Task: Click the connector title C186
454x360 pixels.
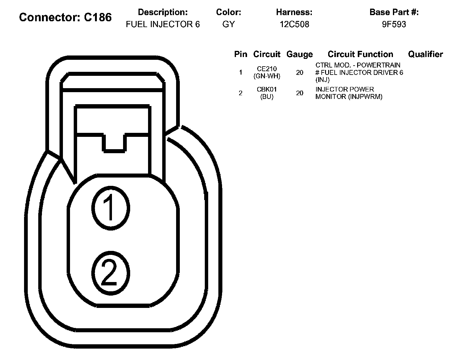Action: (65, 17)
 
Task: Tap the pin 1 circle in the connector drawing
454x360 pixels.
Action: (110, 207)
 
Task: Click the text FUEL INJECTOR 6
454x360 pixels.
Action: (163, 24)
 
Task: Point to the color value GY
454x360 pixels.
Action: (229, 24)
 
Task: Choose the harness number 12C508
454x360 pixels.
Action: (294, 24)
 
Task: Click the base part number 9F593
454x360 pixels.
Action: (394, 24)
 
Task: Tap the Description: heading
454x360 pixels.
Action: (163, 12)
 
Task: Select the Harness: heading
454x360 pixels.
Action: (294, 12)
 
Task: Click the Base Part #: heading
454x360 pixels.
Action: (394, 12)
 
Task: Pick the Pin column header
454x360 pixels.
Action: (241, 54)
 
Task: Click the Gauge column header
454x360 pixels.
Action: (299, 54)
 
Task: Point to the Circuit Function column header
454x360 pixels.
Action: (360, 54)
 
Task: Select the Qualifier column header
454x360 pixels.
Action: (425, 54)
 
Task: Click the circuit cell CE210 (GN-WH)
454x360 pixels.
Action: (267, 72)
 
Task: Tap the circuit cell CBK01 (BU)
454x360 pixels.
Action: (267, 93)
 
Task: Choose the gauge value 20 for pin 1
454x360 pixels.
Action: (299, 72)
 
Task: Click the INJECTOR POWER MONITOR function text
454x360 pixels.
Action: (349, 93)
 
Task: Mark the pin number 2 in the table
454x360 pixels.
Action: (241, 93)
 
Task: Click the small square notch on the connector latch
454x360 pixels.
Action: (114, 143)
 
